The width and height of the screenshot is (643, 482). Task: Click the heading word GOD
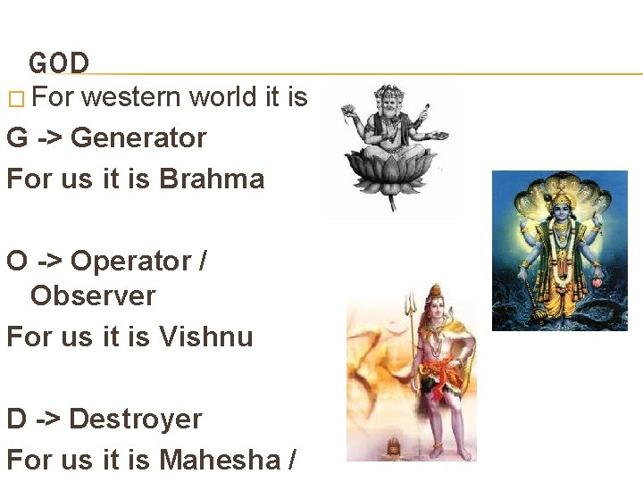pos(59,63)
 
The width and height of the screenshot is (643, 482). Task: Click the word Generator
pos(138,138)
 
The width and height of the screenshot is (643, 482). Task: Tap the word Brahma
pos(212,179)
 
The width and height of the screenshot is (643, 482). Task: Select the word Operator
pos(131,262)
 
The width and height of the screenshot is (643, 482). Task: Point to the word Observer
pos(93,296)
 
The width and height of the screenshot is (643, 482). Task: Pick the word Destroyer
pos(136,419)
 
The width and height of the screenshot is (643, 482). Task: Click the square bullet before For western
pos(13,98)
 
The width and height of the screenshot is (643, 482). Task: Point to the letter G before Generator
pos(16,138)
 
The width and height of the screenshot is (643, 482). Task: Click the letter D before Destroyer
pos(16,419)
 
